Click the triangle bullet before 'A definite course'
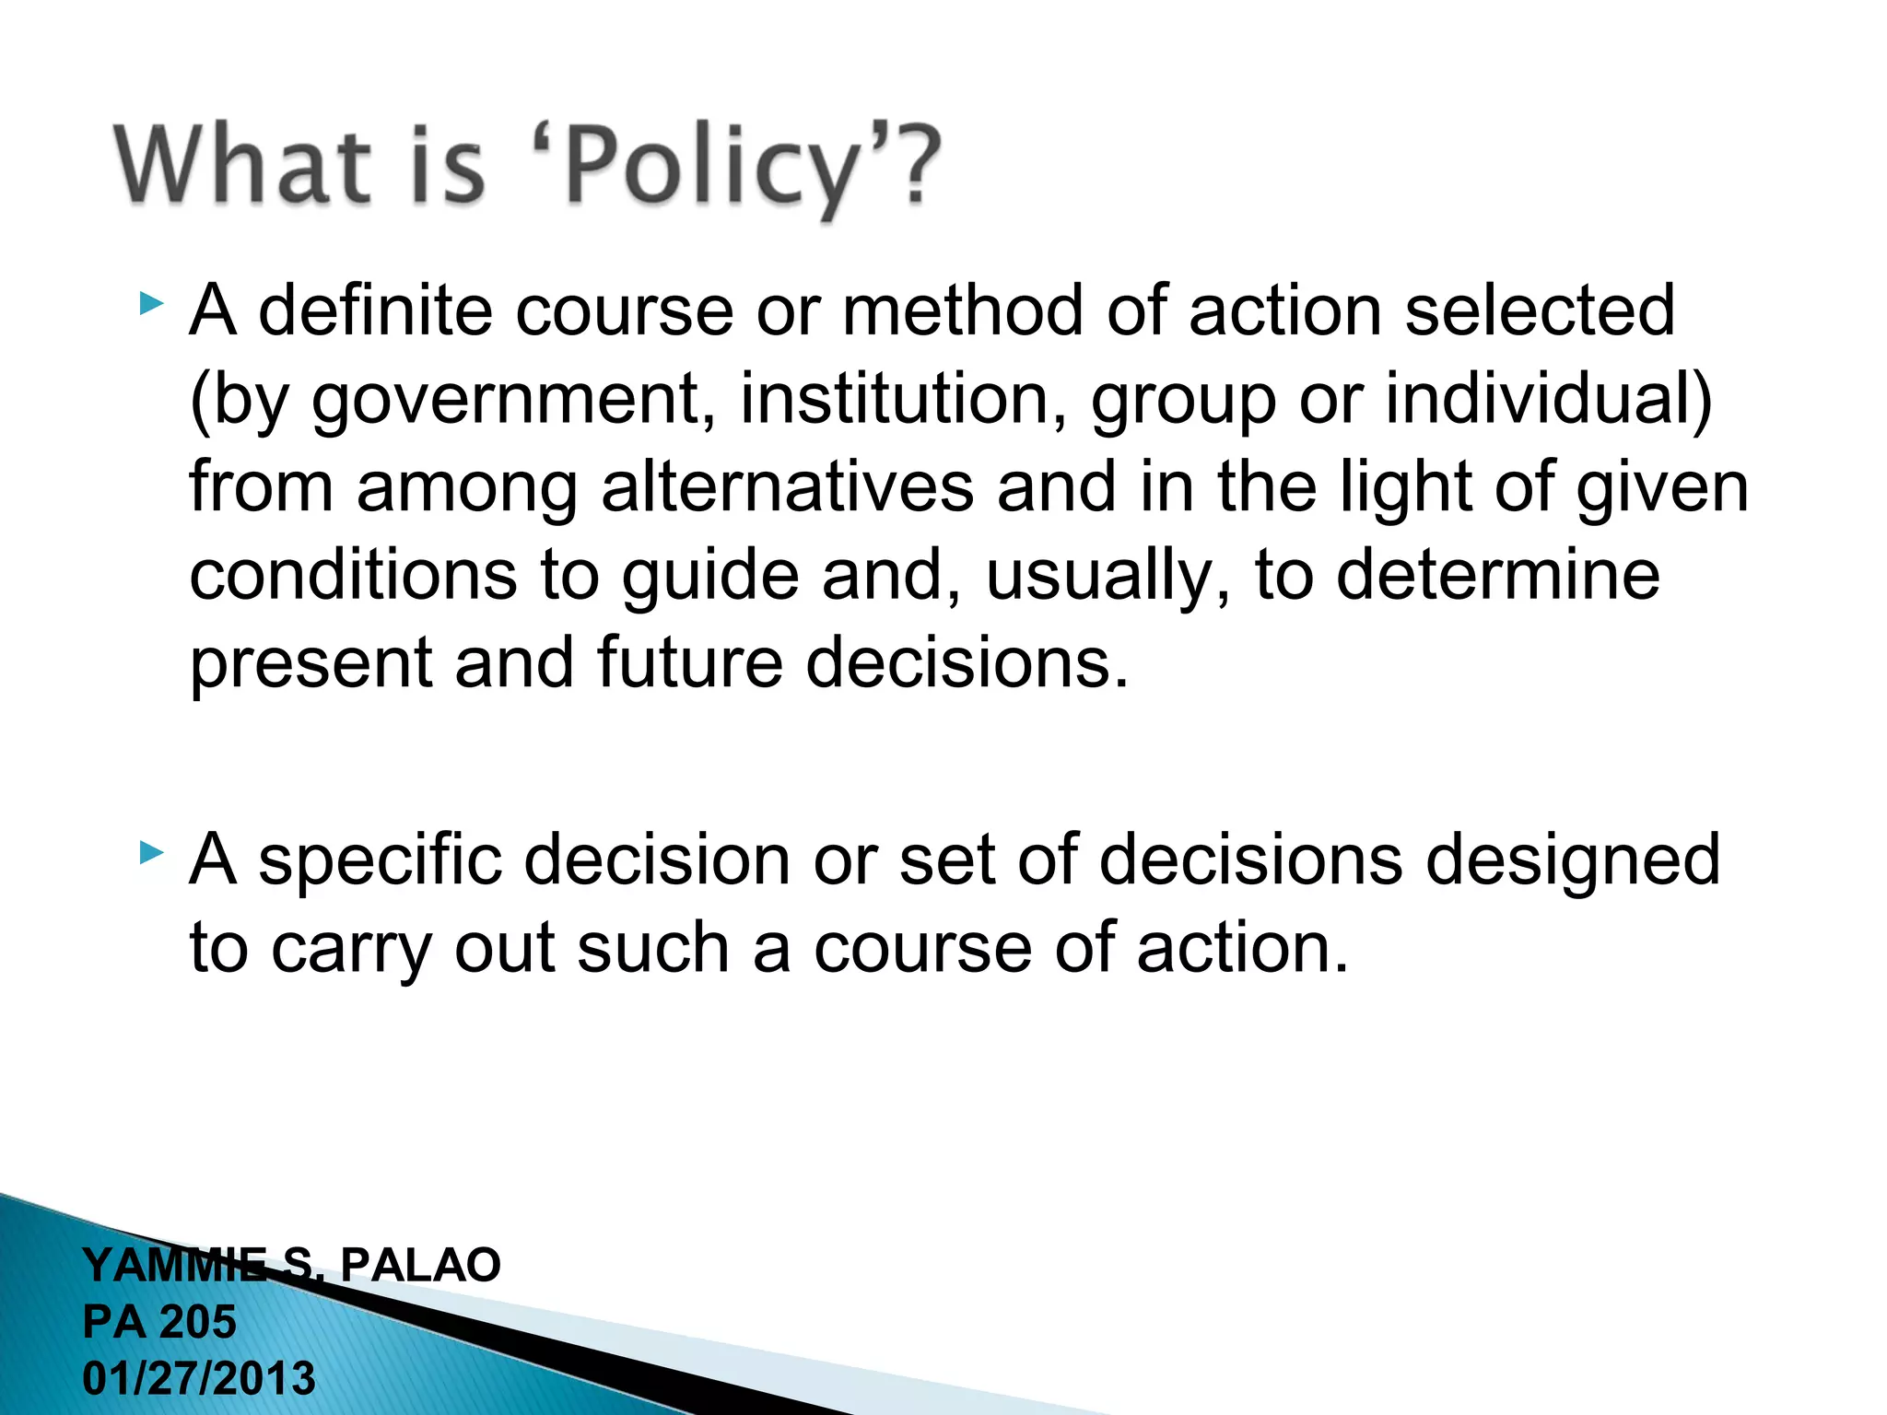click(152, 303)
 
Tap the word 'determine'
click(1497, 575)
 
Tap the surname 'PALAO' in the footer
click(420, 1265)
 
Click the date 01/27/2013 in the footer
click(199, 1379)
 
